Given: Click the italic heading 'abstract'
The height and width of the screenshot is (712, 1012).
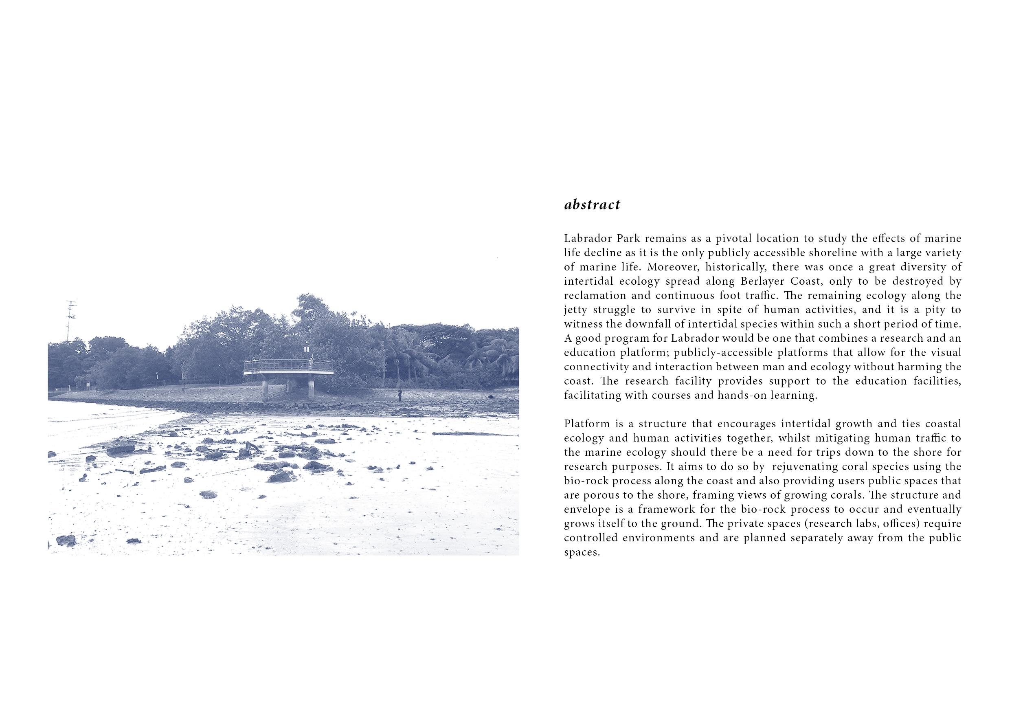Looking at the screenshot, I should coord(592,205).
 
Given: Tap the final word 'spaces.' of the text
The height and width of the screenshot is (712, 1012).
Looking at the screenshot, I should coord(582,552).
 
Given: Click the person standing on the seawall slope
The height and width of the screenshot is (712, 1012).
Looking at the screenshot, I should coord(400,396).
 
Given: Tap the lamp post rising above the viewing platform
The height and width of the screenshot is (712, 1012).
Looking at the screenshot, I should coord(306,350).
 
